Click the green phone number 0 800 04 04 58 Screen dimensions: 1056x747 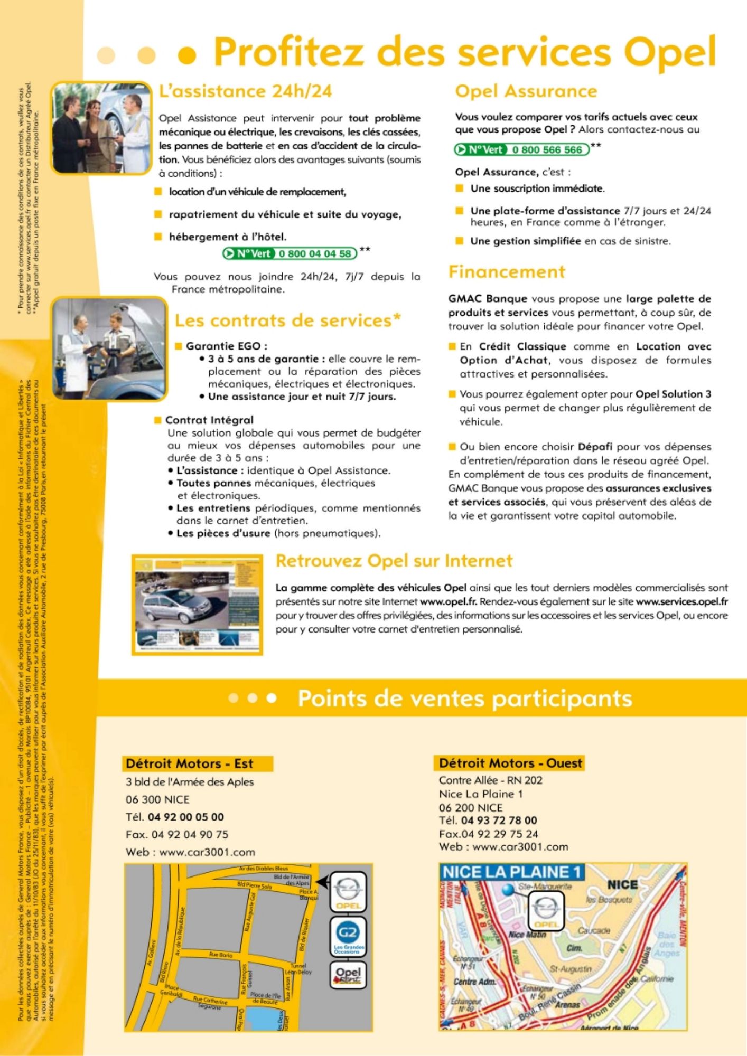[315, 253]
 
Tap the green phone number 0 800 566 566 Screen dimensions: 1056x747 [547, 150]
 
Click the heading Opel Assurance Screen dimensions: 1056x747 [526, 91]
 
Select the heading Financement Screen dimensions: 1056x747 [507, 272]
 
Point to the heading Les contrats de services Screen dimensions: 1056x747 [287, 320]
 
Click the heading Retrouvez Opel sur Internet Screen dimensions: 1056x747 [394, 561]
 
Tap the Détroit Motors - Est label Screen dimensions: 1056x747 [189, 763]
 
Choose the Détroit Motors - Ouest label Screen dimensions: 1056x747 [510, 763]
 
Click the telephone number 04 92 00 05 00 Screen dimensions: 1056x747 [185, 817]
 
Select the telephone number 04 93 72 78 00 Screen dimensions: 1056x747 [499, 821]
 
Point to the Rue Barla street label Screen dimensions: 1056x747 [221, 955]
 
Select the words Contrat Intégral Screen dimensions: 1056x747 [209, 420]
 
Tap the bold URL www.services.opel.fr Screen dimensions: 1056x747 [681, 601]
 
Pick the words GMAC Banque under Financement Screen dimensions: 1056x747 [487, 299]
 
